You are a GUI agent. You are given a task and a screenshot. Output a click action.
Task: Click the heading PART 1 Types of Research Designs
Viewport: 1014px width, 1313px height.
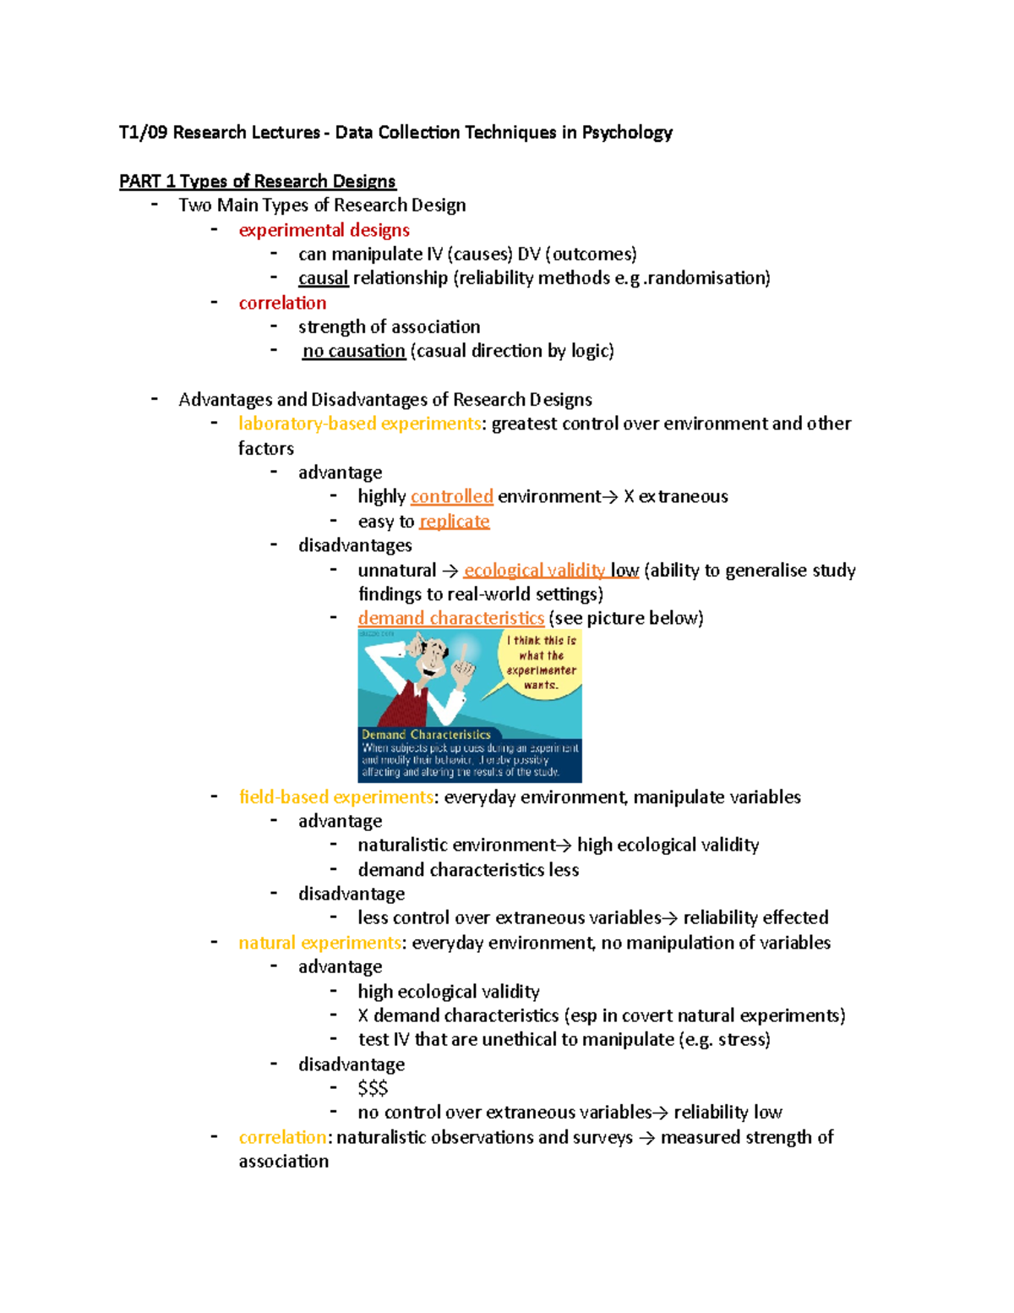tap(257, 181)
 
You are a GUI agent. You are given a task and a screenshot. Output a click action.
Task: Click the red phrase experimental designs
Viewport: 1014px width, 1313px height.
tap(324, 230)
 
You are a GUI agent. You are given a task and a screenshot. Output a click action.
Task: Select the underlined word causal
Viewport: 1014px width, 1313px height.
tap(323, 278)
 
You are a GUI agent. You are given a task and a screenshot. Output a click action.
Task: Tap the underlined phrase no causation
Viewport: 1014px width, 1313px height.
tap(354, 351)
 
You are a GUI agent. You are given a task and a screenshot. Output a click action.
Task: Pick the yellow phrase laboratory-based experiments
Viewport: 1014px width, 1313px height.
tap(359, 424)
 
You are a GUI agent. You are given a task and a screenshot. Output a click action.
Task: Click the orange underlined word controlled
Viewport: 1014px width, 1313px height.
tap(451, 496)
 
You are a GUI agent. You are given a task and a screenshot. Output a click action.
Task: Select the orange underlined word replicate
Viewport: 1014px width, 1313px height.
tap(454, 522)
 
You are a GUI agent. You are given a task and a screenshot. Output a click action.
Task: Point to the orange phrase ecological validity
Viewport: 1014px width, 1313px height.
tap(534, 571)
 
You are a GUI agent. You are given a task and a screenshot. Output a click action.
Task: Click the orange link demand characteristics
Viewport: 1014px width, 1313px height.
tap(450, 618)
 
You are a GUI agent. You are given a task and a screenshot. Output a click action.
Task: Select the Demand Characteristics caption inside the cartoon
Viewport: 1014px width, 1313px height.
tap(426, 735)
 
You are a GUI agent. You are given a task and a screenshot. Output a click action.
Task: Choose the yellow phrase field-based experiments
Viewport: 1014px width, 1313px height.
tap(335, 797)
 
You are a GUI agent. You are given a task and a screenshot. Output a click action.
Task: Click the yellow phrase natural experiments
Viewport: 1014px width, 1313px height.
tap(319, 943)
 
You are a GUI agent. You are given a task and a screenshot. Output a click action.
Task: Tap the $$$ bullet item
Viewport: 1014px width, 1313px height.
tap(373, 1088)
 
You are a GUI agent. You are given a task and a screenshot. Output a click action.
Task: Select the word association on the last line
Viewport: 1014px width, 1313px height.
tap(284, 1162)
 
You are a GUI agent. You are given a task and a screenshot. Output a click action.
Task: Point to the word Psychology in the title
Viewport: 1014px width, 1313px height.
tap(627, 133)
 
